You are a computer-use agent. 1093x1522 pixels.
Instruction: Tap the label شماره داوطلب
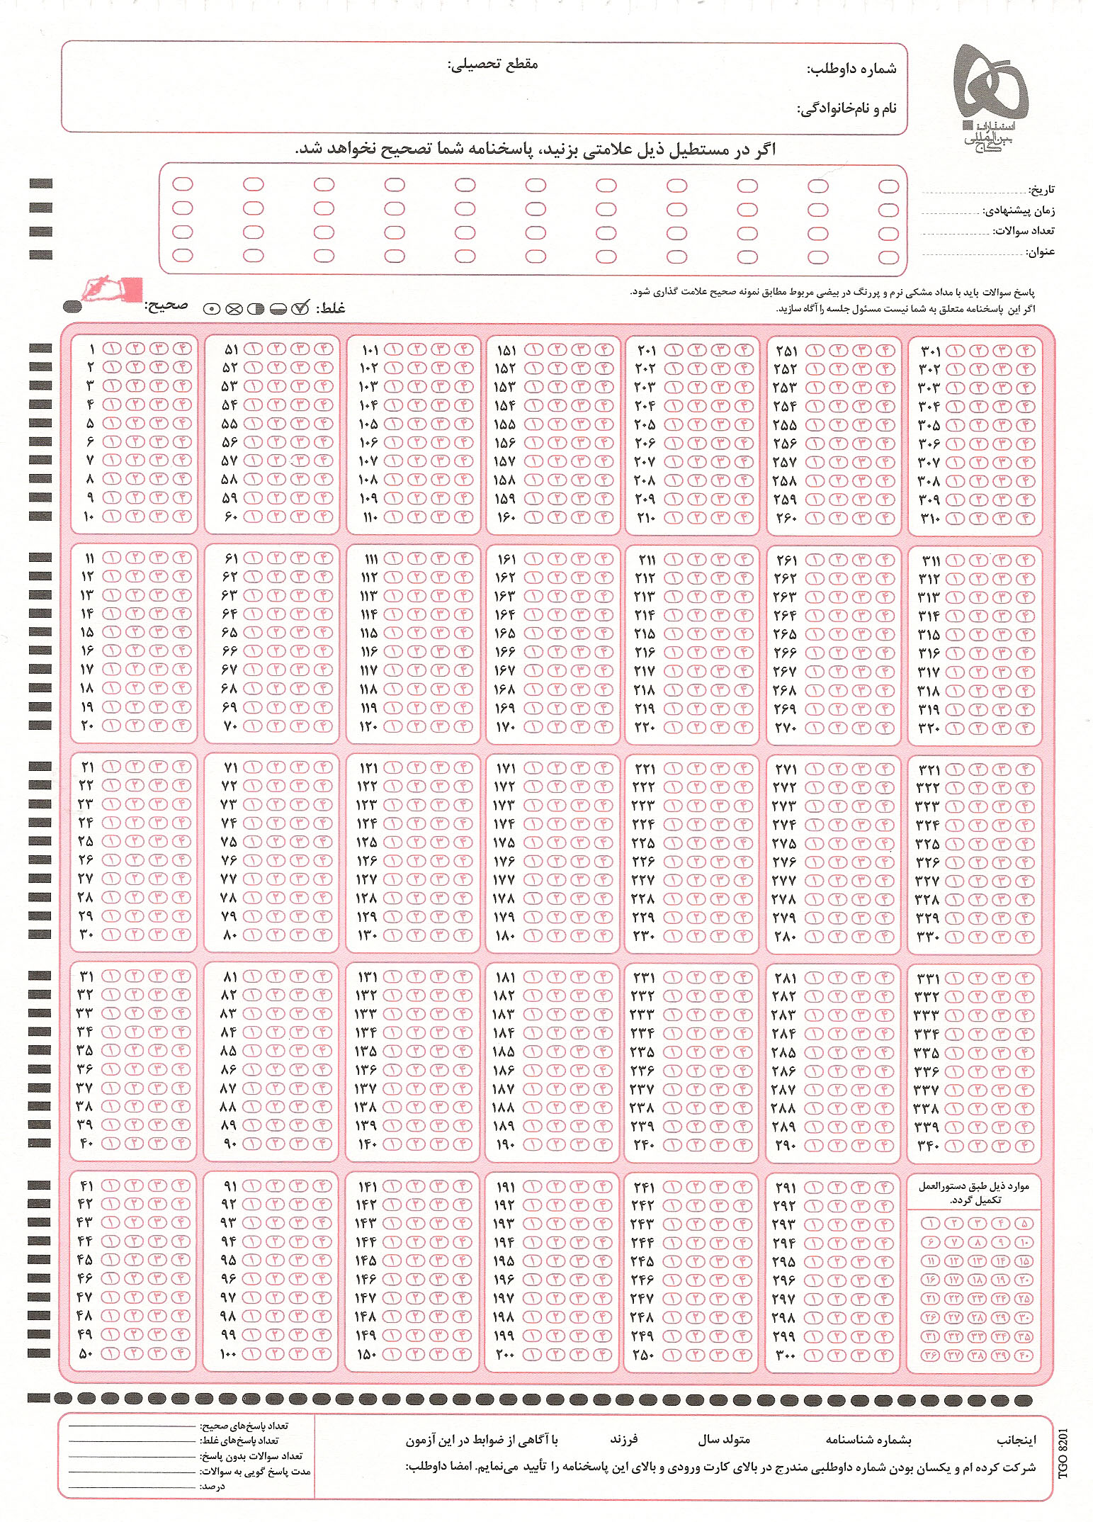point(852,69)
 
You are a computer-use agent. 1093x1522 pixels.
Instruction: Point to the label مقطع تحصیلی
point(493,64)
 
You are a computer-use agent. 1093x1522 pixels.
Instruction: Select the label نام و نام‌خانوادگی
point(847,109)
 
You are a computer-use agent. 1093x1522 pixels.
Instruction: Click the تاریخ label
point(1042,189)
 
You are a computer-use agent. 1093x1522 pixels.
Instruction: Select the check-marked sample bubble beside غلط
point(300,308)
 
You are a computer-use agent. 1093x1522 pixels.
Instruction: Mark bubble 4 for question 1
point(181,349)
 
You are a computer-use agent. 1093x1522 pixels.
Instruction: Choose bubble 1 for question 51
point(253,349)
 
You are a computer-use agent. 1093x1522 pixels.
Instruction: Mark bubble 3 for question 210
point(720,517)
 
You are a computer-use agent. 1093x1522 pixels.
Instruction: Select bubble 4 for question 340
point(1025,1146)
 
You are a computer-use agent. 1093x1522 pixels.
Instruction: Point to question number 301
point(930,351)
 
